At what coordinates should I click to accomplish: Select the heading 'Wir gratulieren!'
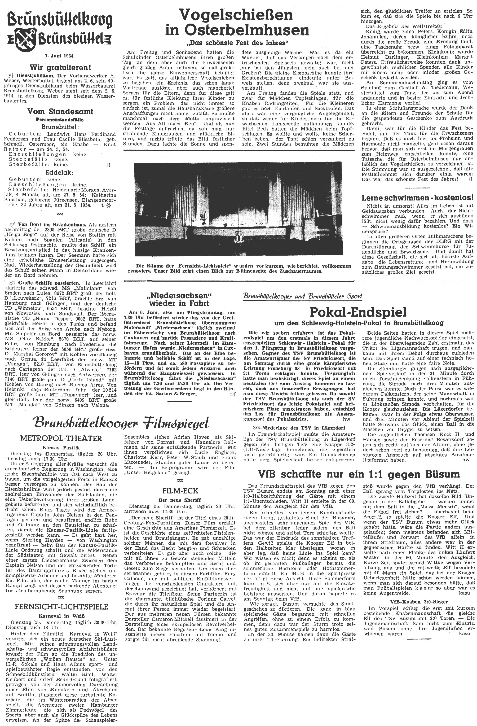[x=60, y=67]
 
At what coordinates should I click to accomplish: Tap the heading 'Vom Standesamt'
[x=60, y=111]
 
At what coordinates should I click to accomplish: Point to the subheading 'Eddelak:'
[x=60, y=172]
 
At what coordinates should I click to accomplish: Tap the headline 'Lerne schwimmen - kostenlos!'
[x=417, y=197]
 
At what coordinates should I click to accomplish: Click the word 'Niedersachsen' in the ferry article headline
[x=179, y=295]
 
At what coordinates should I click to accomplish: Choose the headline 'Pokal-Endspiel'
[x=358, y=312]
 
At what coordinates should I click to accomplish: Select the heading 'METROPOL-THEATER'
[x=61, y=438]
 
